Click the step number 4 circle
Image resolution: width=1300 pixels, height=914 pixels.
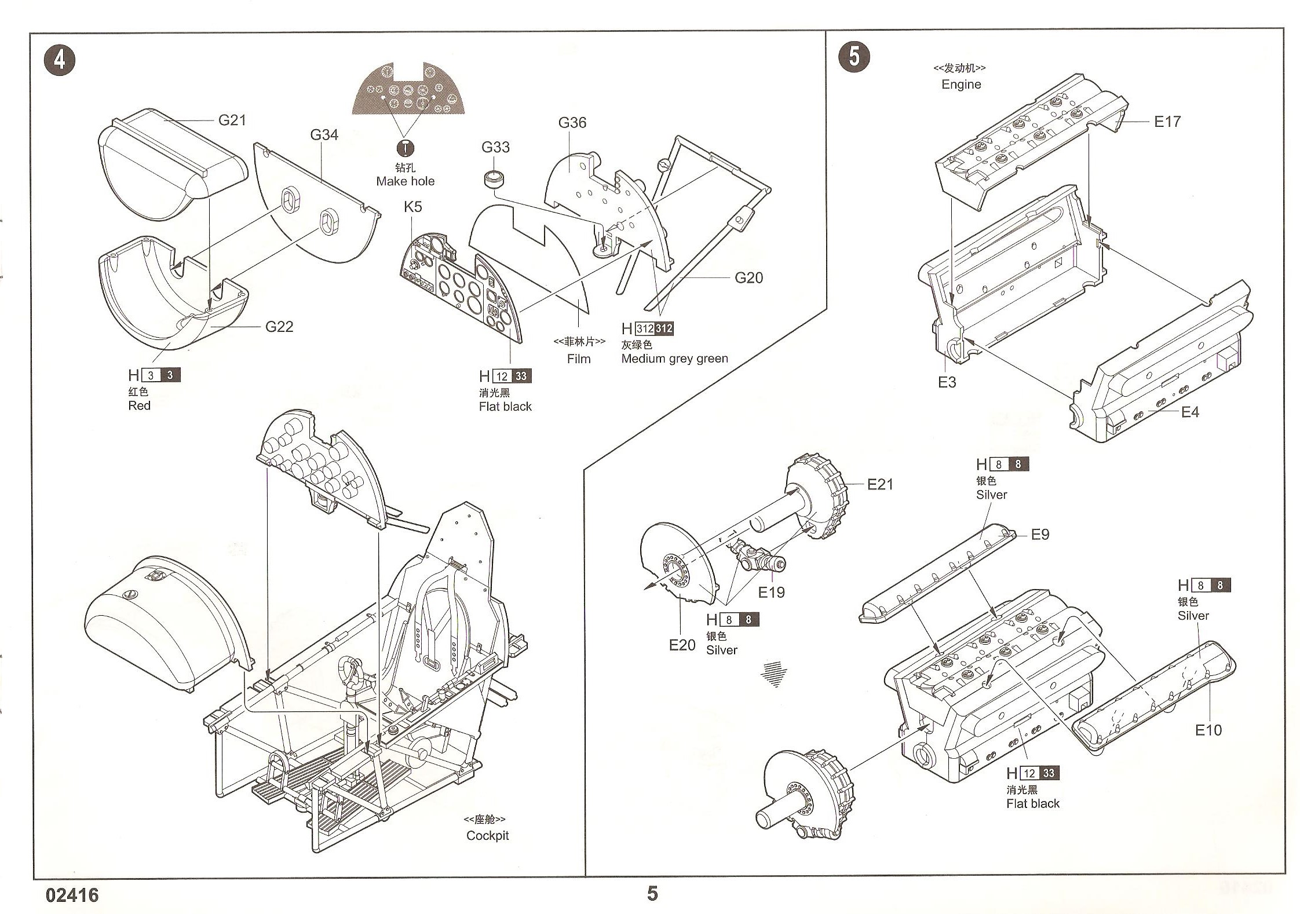pyautogui.click(x=60, y=60)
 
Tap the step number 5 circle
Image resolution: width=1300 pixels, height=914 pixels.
pyautogui.click(x=854, y=57)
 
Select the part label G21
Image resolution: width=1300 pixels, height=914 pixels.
pyautogui.click(x=232, y=120)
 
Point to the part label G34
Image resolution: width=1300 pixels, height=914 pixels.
pyautogui.click(x=324, y=135)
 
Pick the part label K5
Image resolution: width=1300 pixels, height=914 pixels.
pyautogui.click(x=412, y=207)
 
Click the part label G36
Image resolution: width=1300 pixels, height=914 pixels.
pyautogui.click(x=572, y=123)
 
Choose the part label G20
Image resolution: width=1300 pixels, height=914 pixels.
pyautogui.click(x=748, y=278)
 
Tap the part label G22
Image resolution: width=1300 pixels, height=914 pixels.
pyautogui.click(x=279, y=327)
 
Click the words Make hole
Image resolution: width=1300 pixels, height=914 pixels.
pyautogui.click(x=405, y=181)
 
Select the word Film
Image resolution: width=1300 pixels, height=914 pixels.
pyautogui.click(x=579, y=359)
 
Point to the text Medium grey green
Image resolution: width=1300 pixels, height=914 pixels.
pyautogui.click(x=674, y=359)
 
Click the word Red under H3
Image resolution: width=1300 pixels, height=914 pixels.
pyautogui.click(x=139, y=406)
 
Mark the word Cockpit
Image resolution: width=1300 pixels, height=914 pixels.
pyautogui.click(x=487, y=836)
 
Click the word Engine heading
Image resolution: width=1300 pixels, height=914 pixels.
pyautogui.click(x=961, y=85)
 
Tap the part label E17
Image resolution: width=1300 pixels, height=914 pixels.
pyautogui.click(x=1167, y=122)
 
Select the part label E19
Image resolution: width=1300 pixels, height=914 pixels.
pyautogui.click(x=771, y=593)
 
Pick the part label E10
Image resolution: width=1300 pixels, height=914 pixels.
pyautogui.click(x=1208, y=730)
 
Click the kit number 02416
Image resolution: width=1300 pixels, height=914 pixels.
pyautogui.click(x=72, y=895)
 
